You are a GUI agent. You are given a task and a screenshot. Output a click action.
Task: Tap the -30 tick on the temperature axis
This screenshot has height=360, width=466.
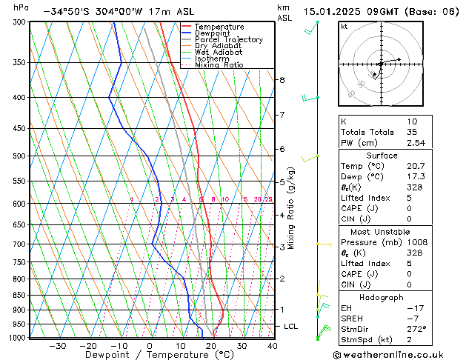[57, 346]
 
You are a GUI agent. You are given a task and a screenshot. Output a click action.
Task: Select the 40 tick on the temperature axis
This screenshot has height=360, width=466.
[272, 346]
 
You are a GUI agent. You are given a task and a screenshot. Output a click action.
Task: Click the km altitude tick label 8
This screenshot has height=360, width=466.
[282, 80]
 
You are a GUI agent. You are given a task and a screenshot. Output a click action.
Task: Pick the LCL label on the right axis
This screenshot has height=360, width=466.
[291, 327]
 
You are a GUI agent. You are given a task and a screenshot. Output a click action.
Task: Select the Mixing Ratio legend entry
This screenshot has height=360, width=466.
[219, 65]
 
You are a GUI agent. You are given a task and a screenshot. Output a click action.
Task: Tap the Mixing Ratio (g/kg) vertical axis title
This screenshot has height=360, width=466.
[292, 208]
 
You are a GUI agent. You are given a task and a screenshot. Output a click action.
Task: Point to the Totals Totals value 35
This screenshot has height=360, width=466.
[412, 132]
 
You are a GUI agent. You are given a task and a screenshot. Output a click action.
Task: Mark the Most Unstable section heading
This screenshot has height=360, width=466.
[382, 232]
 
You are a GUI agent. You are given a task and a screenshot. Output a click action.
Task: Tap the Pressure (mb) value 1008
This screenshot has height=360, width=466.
[417, 242]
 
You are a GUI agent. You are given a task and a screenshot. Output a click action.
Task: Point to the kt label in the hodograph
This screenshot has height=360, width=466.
[344, 27]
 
